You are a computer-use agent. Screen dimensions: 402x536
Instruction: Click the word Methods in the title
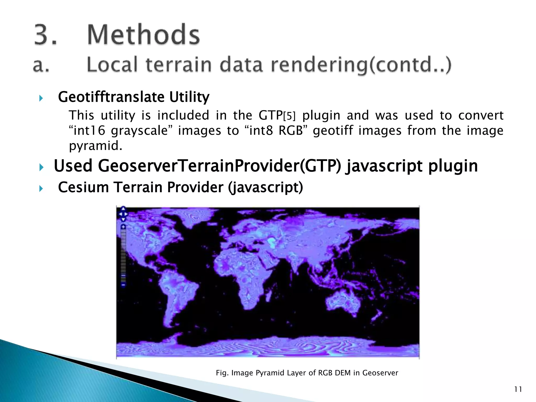coord(143,35)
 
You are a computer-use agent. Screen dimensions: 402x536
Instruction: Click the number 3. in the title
coord(45,35)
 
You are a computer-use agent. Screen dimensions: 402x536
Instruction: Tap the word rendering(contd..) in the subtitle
coord(361,65)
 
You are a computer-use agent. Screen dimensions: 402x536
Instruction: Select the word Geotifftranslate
coord(111,97)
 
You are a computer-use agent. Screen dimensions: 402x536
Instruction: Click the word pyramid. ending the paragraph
coord(96,146)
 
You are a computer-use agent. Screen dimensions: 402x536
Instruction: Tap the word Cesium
coord(83,187)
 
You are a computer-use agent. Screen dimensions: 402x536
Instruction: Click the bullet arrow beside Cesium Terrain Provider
coord(41,188)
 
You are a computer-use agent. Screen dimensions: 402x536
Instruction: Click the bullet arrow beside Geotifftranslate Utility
coord(41,98)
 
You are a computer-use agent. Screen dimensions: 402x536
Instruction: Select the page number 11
coord(518,389)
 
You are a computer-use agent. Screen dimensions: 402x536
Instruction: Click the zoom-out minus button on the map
coord(123,284)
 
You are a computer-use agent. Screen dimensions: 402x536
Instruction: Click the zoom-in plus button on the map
coord(123,226)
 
